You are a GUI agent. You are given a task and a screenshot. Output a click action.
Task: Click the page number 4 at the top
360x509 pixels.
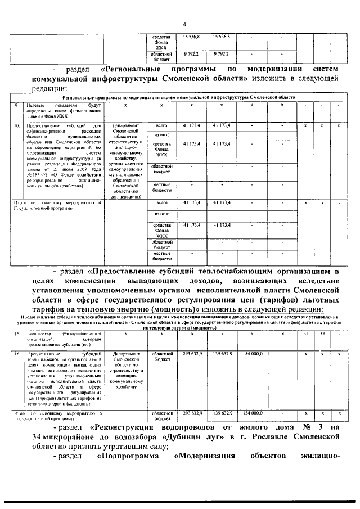tap(183, 23)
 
